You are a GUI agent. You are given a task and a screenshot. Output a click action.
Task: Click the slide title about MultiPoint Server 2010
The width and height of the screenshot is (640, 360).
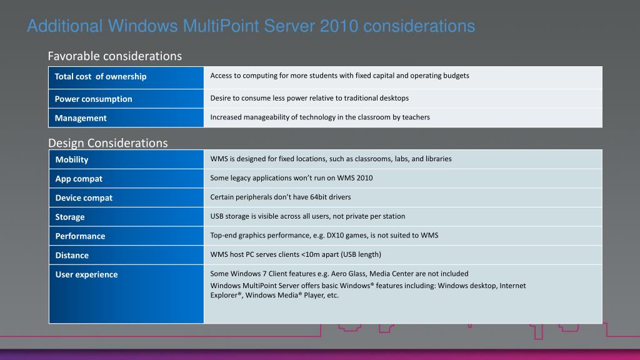click(251, 26)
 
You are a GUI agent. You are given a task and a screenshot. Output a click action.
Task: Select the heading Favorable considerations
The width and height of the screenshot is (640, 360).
click(114, 56)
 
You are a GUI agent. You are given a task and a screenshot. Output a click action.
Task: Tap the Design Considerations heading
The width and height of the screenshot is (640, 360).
click(108, 143)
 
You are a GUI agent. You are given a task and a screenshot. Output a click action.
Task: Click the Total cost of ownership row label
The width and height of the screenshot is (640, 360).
click(101, 76)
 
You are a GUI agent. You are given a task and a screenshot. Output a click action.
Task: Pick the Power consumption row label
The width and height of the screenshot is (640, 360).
click(93, 99)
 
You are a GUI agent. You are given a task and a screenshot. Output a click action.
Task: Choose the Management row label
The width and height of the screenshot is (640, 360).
click(81, 118)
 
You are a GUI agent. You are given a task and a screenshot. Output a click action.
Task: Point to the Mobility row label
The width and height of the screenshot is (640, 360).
click(72, 159)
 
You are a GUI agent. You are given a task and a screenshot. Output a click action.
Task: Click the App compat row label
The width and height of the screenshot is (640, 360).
click(79, 179)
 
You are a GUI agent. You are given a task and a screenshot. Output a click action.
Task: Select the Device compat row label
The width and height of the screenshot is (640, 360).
click(84, 197)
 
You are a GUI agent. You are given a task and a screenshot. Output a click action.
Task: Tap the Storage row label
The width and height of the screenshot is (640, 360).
click(70, 217)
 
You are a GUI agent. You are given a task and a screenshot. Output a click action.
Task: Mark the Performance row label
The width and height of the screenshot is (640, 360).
click(80, 236)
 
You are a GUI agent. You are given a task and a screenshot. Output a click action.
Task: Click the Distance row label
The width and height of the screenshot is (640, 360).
click(72, 255)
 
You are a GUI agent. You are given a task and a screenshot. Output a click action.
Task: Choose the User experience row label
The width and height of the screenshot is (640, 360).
click(86, 274)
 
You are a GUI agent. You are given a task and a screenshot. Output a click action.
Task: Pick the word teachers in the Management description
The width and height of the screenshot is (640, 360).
click(416, 117)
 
